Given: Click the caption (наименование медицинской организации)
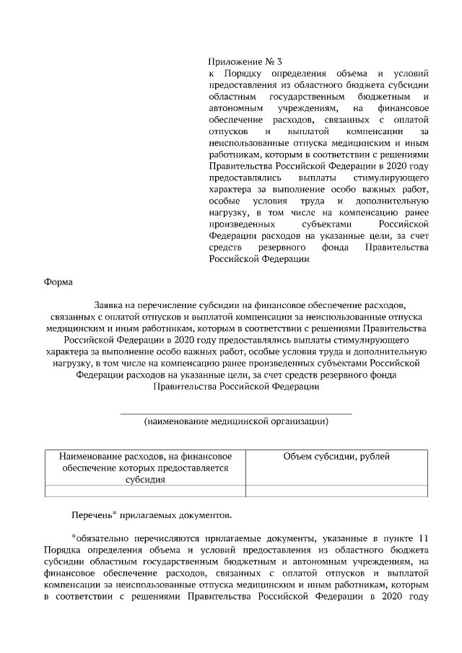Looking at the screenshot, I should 235,421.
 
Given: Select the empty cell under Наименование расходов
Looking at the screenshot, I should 145,491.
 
